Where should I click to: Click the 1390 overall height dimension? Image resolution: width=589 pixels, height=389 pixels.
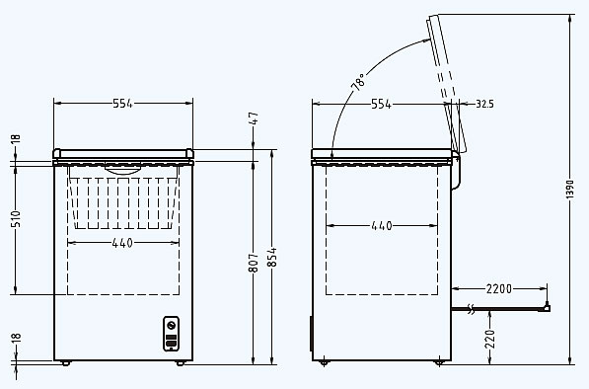[x=570, y=189]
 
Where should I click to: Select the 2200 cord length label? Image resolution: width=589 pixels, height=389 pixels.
[x=499, y=288]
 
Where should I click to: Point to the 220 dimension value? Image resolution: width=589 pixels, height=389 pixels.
[x=490, y=339]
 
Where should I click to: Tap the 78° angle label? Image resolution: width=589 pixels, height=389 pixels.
[x=359, y=82]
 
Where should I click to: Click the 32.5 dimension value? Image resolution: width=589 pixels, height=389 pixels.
[x=484, y=104]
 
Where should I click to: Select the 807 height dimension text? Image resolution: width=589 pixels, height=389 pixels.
[x=254, y=263]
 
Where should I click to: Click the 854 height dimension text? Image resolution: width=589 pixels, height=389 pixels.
[x=272, y=257]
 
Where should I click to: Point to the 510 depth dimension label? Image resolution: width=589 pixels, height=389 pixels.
[x=16, y=218]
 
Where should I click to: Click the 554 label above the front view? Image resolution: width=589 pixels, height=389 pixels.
[x=123, y=104]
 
